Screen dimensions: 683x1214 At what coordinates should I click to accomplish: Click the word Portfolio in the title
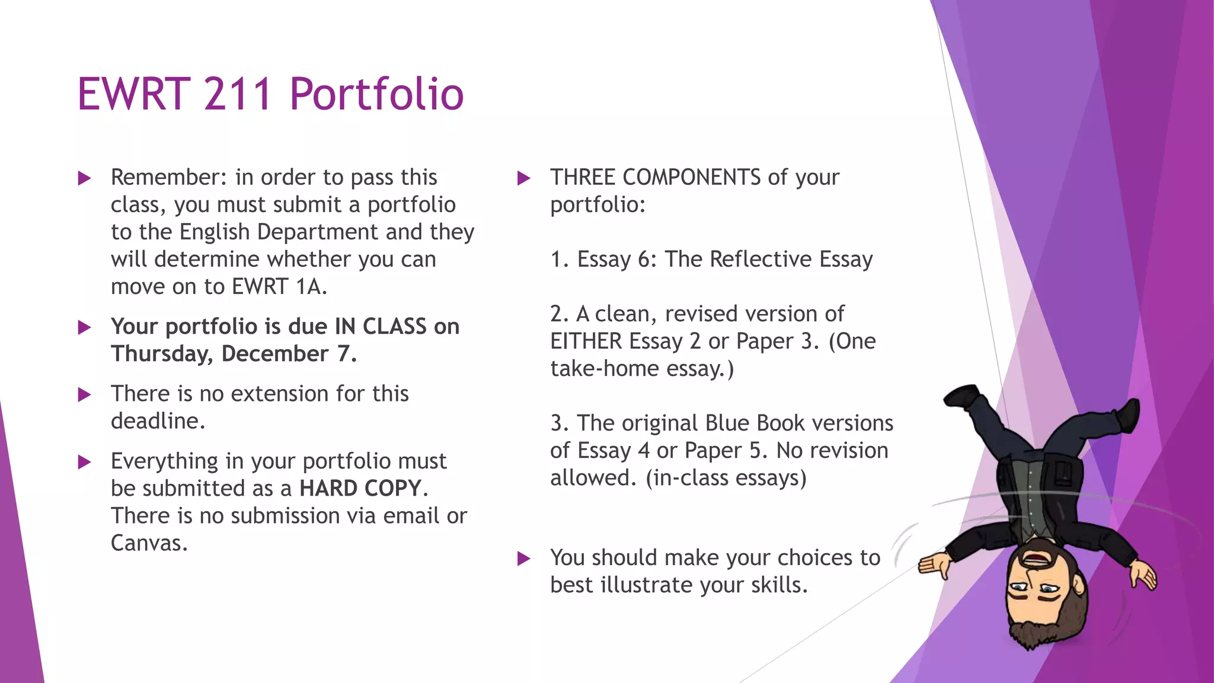pos(376,94)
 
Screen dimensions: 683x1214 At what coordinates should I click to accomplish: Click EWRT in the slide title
pos(133,94)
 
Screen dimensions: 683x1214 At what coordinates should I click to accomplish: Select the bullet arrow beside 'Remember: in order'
pos(85,178)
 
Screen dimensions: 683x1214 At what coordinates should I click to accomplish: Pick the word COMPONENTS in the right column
pos(691,177)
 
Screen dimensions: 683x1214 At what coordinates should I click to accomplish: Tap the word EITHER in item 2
pos(586,341)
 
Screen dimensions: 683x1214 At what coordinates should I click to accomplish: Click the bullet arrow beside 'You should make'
pos(523,558)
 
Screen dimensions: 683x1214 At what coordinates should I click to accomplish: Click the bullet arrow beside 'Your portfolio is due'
pos(85,327)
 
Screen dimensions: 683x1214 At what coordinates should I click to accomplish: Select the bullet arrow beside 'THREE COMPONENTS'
pos(523,178)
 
